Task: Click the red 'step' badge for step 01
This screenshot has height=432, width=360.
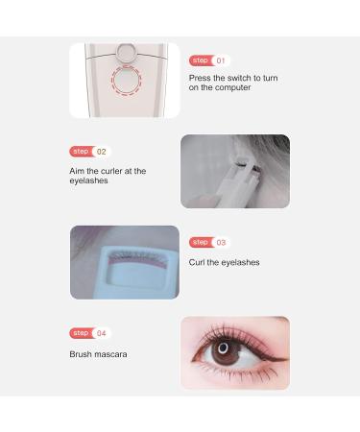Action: (x=200, y=60)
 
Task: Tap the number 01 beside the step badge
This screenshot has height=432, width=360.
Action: (x=222, y=60)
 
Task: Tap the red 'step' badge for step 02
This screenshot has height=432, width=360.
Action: (x=80, y=152)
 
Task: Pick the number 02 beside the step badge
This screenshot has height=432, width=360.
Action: (x=102, y=152)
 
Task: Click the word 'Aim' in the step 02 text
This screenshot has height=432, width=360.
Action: (x=78, y=170)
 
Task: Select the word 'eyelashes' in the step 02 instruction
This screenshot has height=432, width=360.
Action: (x=89, y=180)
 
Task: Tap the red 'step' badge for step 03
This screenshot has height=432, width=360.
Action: (x=200, y=243)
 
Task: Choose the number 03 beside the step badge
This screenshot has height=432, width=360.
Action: (x=222, y=243)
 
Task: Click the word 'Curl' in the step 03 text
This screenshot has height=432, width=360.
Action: (x=198, y=262)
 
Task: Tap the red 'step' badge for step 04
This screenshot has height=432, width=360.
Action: (x=80, y=333)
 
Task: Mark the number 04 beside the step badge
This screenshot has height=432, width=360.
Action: (x=102, y=333)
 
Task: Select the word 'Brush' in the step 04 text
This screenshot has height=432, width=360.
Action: (x=81, y=354)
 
